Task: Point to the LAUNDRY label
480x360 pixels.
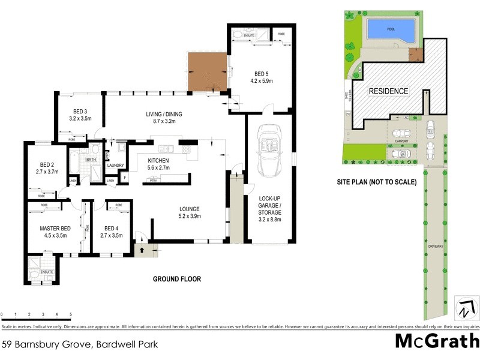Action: coord(115,165)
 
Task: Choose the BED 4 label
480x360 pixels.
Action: coord(113,229)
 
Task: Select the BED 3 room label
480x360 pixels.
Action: coord(80,112)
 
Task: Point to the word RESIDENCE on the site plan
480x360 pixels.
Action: coord(388,91)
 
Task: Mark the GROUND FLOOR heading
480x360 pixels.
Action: coord(176,279)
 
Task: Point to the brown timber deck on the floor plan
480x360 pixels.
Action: coord(207,71)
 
